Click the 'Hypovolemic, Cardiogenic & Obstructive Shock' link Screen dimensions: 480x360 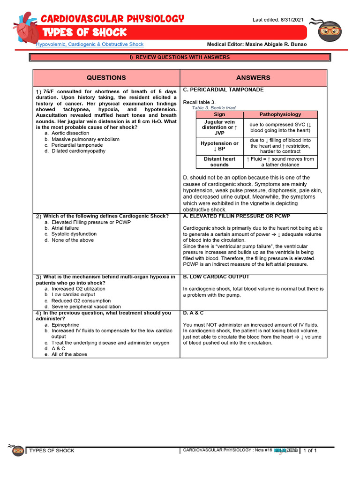[90, 44]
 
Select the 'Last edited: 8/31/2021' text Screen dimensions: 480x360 [278, 19]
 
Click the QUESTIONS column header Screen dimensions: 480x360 [106, 77]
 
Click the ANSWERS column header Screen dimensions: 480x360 [253, 77]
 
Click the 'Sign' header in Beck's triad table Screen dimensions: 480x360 [219, 114]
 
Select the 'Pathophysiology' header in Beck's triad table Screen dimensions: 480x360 [280, 114]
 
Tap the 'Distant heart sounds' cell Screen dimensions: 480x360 [219, 162]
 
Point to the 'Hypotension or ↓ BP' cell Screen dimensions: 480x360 [219, 146]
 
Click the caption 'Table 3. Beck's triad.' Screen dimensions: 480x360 [214, 108]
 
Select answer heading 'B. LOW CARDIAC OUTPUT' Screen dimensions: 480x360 [216, 277]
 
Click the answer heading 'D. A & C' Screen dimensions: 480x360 [193, 313]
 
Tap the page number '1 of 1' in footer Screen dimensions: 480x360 [310, 450]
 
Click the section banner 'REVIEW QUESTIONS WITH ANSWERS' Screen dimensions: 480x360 [180, 57]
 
